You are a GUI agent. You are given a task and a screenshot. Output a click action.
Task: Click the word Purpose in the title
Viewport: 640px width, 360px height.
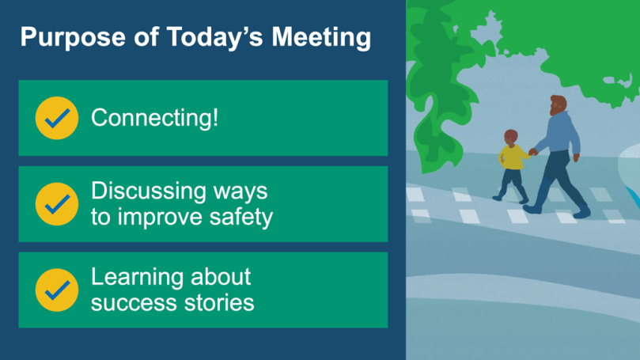coord(73,37)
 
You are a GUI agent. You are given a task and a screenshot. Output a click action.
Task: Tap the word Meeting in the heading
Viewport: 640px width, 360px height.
coord(321,37)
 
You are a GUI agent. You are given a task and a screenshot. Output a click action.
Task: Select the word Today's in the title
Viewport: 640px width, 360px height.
coord(214,36)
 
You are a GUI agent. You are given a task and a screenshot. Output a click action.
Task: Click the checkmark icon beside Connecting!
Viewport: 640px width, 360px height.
coord(57,118)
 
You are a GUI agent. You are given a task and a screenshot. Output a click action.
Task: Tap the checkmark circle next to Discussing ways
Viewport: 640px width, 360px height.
coord(57,204)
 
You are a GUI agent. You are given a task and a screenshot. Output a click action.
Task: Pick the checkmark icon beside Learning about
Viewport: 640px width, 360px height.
coord(57,290)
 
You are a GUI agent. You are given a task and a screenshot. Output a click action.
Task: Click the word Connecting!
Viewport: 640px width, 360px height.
coord(155,119)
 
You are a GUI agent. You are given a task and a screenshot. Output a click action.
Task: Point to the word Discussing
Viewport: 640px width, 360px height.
coord(149,191)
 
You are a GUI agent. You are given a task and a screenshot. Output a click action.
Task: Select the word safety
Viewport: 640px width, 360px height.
coord(240,217)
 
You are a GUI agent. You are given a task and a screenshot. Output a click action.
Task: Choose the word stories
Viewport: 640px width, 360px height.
coord(219,303)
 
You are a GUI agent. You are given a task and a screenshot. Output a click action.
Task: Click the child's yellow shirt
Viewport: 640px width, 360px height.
coord(513,157)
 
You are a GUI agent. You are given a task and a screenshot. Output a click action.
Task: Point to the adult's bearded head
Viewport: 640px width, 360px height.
coord(558,105)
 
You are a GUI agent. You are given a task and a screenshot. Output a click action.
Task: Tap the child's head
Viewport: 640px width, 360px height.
coord(511,137)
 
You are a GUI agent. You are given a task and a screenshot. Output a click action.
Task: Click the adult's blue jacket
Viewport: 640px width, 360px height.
coord(559,133)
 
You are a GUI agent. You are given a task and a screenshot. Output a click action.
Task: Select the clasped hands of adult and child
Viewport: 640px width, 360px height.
coord(532,152)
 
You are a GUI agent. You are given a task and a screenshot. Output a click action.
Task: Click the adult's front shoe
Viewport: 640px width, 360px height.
coord(581,212)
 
